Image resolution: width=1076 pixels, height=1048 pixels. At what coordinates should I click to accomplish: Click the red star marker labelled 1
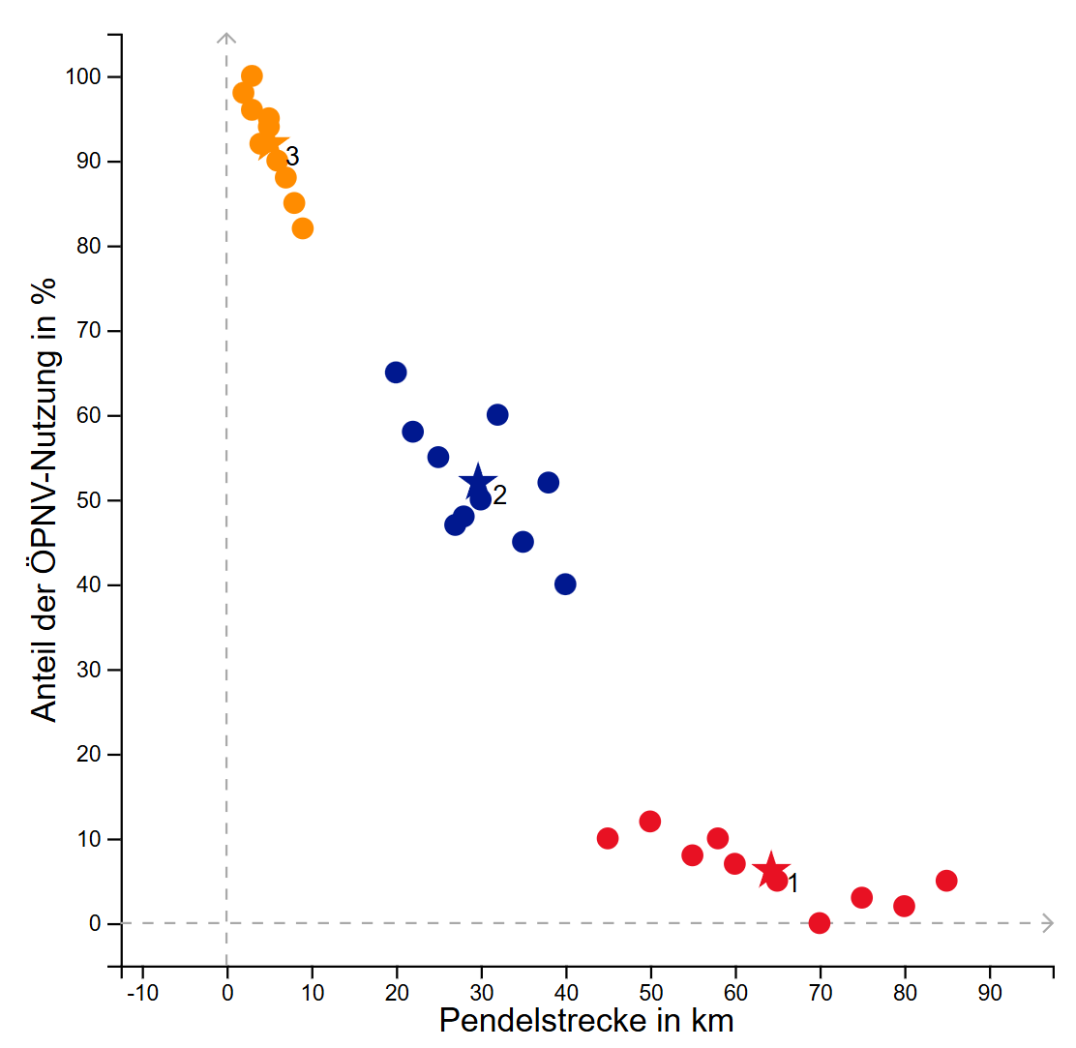771,870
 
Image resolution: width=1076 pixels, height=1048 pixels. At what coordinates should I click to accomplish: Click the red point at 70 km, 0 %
820,923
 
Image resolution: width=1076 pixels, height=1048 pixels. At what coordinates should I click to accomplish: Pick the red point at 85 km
946,881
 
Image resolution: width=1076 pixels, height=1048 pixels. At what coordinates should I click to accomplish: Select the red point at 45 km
608,838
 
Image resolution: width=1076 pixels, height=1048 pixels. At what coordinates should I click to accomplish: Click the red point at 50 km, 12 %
650,822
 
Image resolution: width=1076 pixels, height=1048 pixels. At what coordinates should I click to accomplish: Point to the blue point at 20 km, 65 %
396,373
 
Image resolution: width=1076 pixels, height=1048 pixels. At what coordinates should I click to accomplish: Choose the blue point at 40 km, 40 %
565,584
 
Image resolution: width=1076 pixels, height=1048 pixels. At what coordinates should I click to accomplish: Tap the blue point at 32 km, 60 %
497,415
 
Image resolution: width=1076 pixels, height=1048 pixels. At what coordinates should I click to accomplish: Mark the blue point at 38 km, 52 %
549,483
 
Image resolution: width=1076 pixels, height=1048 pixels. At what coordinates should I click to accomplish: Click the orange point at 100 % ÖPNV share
252,76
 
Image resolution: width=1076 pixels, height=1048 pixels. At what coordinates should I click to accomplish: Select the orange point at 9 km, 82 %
303,228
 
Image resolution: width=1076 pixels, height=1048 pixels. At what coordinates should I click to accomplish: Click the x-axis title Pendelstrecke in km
586,1021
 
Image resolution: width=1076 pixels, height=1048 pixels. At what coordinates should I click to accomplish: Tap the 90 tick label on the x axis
989,992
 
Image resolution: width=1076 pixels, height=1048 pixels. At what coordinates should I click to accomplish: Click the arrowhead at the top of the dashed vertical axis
226,38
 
